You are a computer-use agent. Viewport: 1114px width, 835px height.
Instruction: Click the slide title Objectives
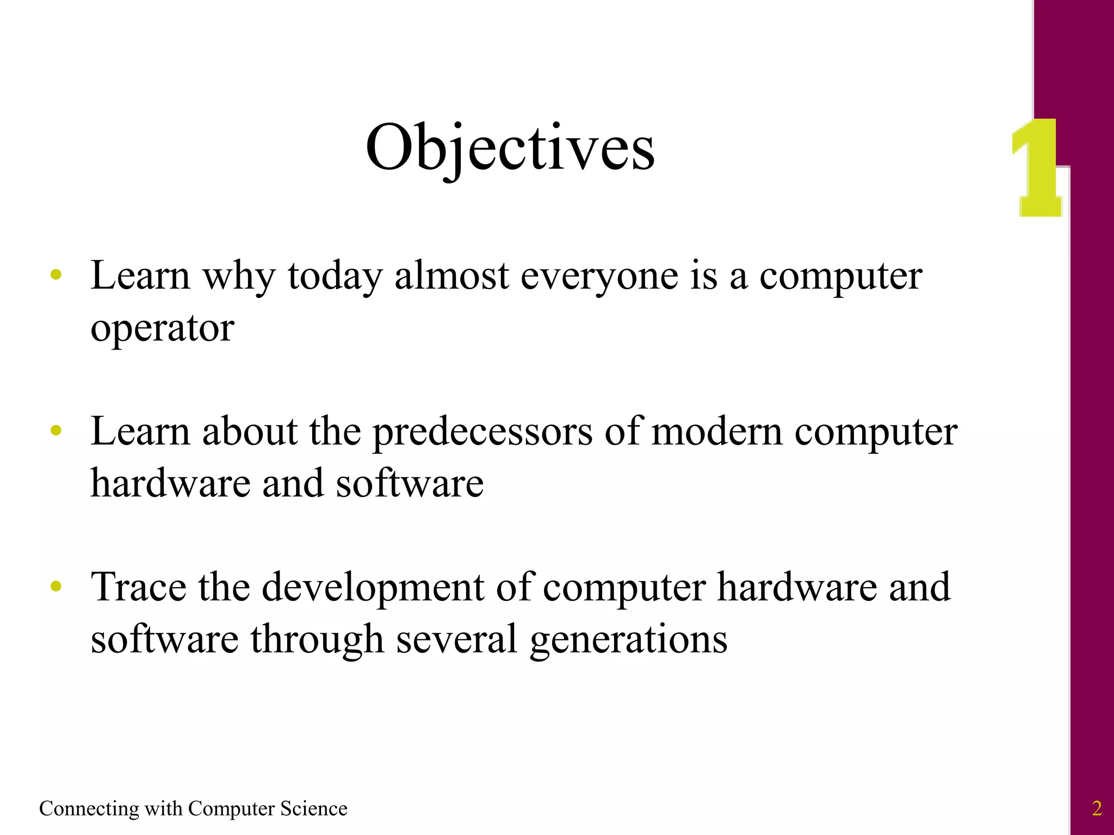(510, 148)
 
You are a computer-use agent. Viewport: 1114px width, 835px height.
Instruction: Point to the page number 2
(1097, 808)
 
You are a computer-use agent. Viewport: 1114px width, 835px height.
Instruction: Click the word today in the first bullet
(335, 276)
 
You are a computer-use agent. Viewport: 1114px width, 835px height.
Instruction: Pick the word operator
(162, 328)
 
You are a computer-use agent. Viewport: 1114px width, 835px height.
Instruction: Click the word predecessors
(482, 432)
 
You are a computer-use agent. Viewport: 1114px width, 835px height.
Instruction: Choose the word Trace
(138, 587)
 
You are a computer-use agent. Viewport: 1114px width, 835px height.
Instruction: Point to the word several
(456, 639)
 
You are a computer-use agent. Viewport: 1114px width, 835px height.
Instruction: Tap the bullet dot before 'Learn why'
(56, 275)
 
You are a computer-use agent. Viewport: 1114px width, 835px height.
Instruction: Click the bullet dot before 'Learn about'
(56, 431)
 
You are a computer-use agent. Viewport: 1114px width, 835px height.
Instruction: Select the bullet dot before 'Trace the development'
(56, 587)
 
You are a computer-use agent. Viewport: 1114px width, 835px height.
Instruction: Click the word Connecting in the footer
(89, 809)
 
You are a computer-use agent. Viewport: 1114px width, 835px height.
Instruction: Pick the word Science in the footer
(313, 808)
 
